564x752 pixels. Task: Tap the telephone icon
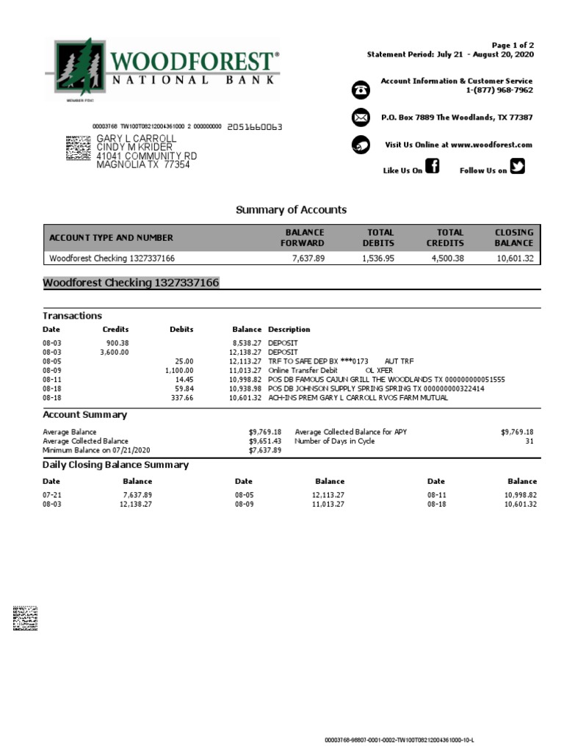click(361, 90)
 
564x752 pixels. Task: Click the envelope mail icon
click(361, 117)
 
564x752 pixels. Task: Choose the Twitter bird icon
click(518, 167)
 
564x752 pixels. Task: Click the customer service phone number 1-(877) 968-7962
click(499, 90)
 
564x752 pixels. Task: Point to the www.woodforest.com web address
click(491, 145)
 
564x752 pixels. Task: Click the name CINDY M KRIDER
click(136, 147)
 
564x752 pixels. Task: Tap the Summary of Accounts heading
click(291, 210)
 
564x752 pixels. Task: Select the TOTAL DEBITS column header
click(378, 237)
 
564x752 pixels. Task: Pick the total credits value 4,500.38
click(447, 258)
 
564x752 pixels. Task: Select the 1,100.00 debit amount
click(178, 371)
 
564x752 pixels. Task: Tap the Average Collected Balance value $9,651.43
click(265, 441)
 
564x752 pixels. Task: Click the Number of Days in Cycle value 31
click(529, 441)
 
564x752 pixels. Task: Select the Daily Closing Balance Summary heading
click(115, 465)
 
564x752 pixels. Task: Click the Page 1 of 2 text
click(513, 46)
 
